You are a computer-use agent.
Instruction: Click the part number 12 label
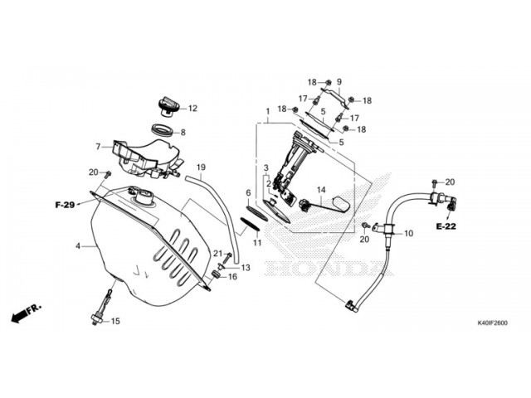pos(192,108)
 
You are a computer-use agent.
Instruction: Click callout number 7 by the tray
pos(98,147)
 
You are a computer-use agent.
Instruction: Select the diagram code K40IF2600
pos(491,323)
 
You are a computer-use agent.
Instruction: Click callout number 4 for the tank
pos(78,246)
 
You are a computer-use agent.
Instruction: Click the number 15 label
pos(115,322)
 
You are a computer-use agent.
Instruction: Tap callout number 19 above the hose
pos(200,168)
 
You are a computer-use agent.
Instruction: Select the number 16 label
pos(232,277)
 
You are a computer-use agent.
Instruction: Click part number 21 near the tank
pos(217,254)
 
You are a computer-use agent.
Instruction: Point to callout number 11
pos(257,243)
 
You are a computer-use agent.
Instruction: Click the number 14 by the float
pos(320,190)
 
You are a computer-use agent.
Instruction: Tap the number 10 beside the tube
pos(407,235)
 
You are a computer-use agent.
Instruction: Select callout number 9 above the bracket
pos(339,82)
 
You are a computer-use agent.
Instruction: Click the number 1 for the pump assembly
pos(268,111)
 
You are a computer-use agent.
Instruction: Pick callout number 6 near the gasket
pos(247,192)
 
